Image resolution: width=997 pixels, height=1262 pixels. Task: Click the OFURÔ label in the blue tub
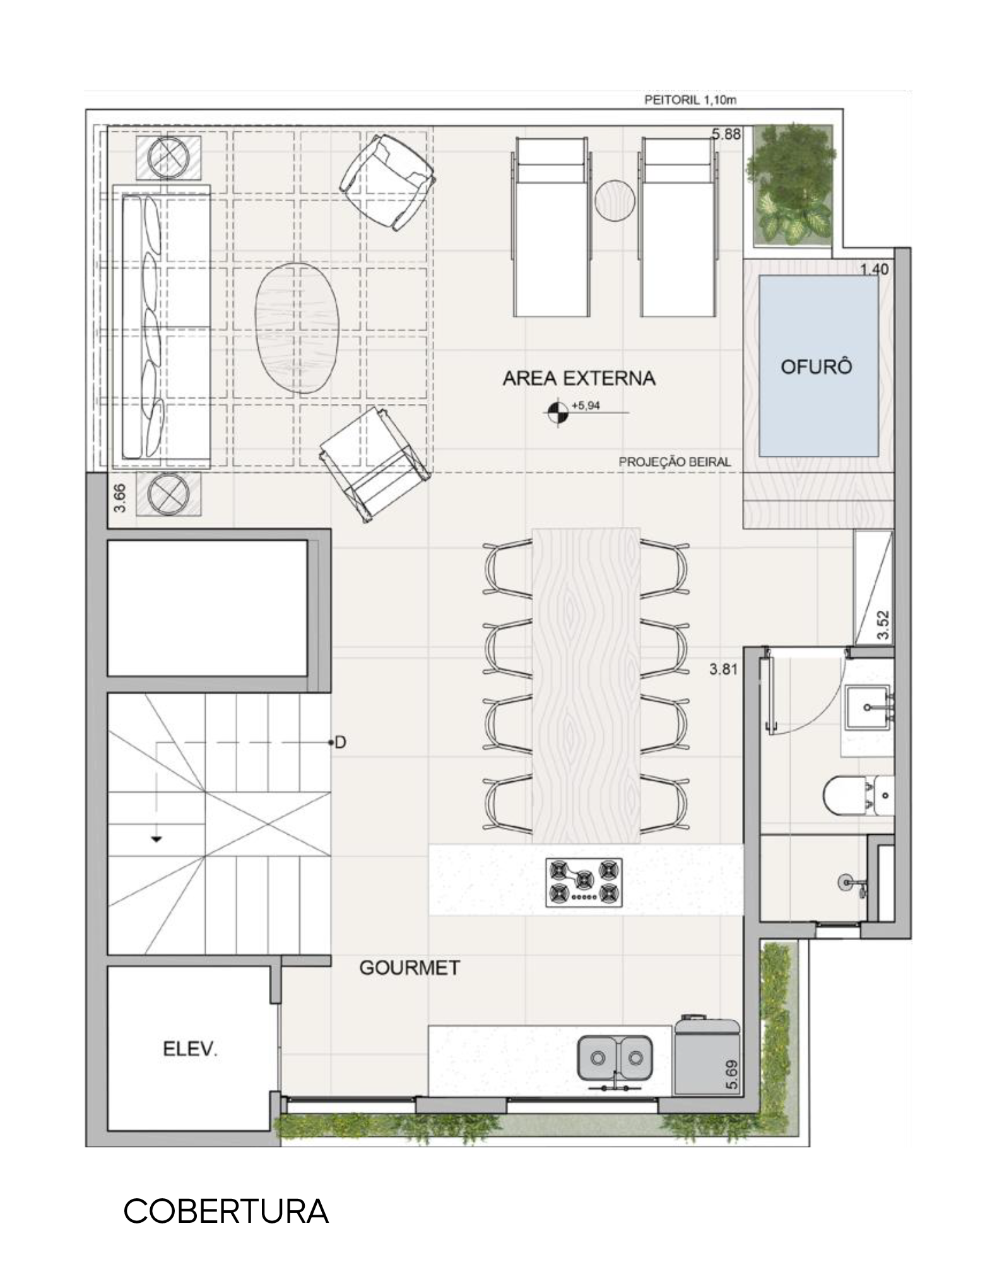click(x=817, y=367)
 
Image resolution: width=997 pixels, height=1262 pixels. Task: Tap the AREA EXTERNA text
click(x=579, y=379)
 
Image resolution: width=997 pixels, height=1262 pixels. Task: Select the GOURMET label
click(x=410, y=968)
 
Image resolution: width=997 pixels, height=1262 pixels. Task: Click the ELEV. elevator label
click(x=190, y=1050)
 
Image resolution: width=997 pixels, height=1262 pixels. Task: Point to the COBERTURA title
click(x=226, y=1211)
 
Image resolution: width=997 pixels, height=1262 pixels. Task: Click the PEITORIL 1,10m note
click(x=690, y=100)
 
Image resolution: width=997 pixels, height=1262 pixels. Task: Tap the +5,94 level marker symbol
click(x=556, y=413)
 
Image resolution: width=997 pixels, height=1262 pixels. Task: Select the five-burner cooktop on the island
click(x=584, y=883)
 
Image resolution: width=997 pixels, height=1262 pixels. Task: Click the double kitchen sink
click(x=615, y=1057)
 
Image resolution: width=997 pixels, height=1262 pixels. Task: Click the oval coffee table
click(x=297, y=328)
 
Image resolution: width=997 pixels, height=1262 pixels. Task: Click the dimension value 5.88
click(x=726, y=134)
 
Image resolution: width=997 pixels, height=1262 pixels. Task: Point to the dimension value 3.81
click(x=723, y=669)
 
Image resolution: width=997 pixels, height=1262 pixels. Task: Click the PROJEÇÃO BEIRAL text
click(x=675, y=461)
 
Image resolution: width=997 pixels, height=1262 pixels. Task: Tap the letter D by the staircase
click(x=340, y=743)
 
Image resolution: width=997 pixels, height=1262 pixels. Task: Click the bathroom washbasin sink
click(x=868, y=708)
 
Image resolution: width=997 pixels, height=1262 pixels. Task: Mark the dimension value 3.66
click(x=122, y=498)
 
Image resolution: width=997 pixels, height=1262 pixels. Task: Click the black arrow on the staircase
click(x=155, y=839)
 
